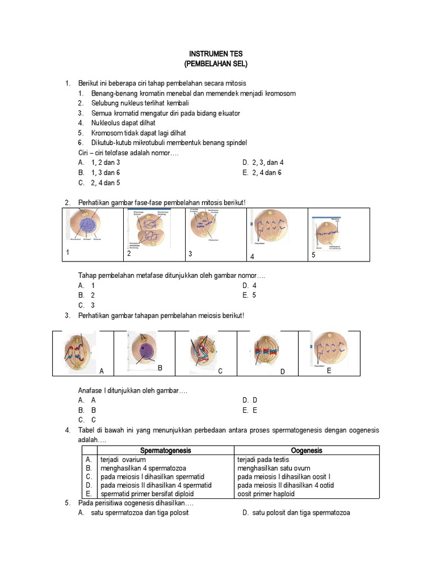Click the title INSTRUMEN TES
[x=215, y=53]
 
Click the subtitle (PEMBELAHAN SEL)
[x=215, y=64]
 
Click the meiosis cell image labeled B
[x=145, y=352]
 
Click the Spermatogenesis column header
[x=165, y=451]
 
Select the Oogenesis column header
[x=307, y=451]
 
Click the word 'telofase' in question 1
[x=111, y=152]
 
